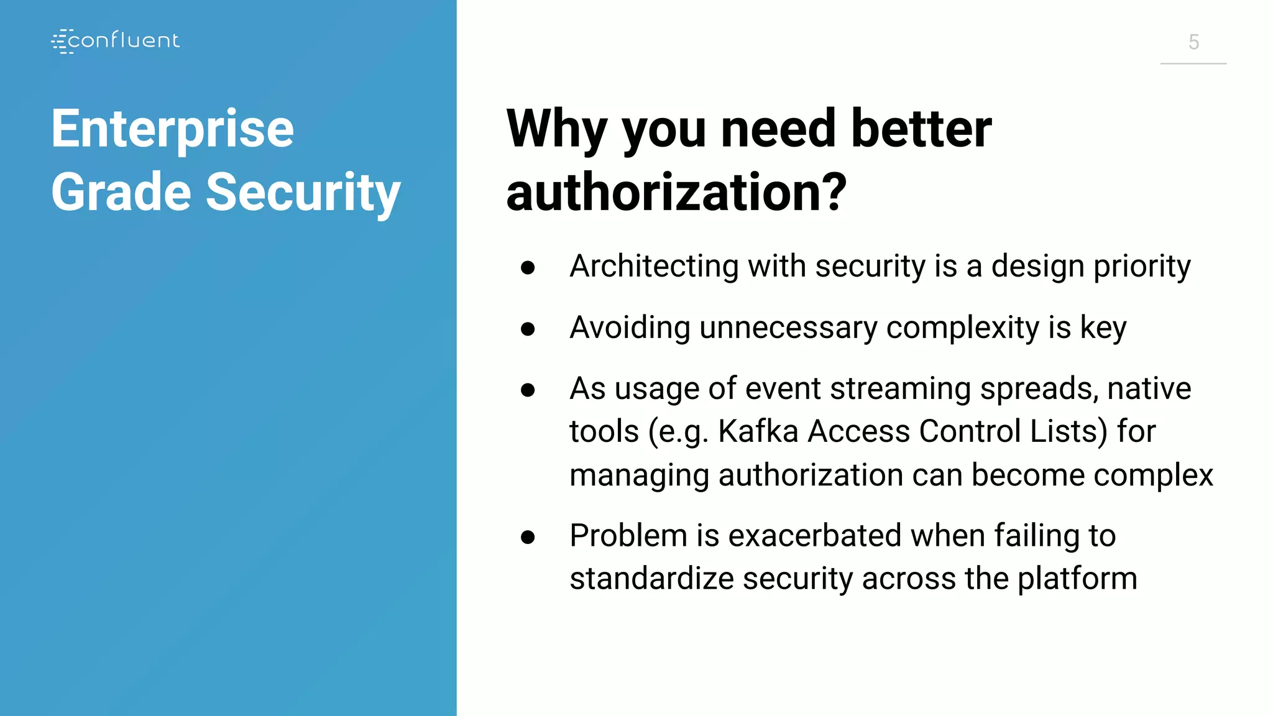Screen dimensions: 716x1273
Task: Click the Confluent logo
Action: pos(116,41)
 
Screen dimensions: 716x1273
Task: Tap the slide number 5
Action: pos(1193,42)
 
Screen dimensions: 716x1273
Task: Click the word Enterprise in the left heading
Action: pos(172,129)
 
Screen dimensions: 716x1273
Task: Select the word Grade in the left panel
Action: pos(121,192)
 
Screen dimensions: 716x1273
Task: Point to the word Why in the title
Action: pos(557,129)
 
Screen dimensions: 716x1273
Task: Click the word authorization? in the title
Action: pos(676,192)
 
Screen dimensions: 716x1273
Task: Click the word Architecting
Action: pos(654,267)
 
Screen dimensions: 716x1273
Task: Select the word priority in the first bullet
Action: pos(1142,267)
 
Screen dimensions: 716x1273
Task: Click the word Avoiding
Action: pos(630,328)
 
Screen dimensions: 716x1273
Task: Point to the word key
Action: pos(1103,328)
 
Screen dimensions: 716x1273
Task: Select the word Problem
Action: pos(628,536)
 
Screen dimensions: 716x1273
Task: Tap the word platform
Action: pos(1077,579)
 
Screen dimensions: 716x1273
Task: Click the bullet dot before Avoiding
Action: pos(528,328)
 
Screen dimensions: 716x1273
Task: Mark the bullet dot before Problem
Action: pos(528,536)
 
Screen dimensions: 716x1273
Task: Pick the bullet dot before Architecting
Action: pos(528,267)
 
